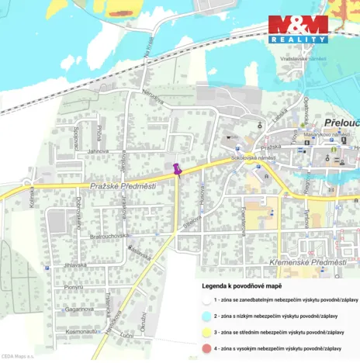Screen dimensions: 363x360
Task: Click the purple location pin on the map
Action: click(177, 168)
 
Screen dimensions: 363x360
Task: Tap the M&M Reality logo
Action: click(299, 29)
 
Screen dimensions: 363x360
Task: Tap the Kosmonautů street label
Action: click(81, 331)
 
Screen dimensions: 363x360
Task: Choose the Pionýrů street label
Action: click(74, 287)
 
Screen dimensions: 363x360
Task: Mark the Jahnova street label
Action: click(97, 150)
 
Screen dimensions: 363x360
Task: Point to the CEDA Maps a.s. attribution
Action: click(18, 356)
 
